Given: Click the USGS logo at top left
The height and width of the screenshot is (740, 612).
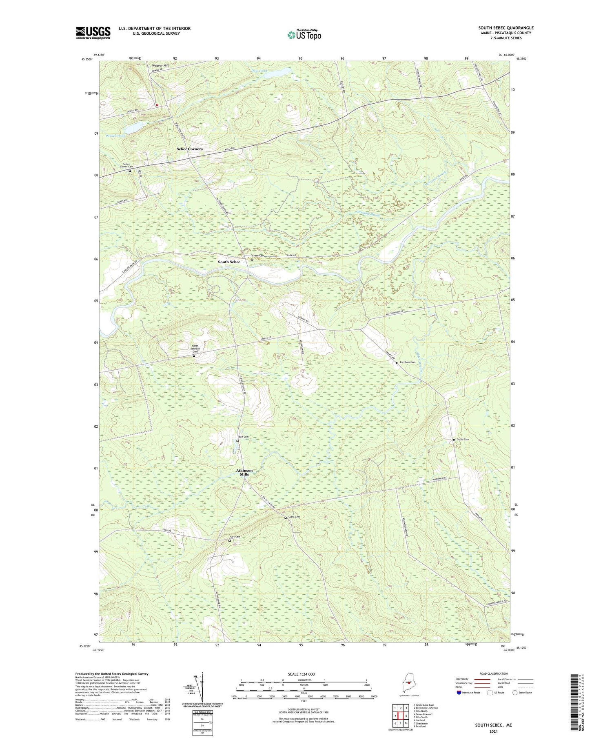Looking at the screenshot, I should click(x=93, y=33).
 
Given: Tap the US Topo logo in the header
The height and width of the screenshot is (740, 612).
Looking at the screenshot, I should click(x=304, y=35).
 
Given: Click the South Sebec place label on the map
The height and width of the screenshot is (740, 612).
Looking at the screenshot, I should click(x=229, y=262).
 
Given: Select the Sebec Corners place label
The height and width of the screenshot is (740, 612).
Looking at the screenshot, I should click(x=189, y=149).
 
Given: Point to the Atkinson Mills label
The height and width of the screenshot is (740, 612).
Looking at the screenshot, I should click(x=244, y=472).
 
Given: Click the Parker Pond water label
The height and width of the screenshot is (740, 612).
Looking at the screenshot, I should click(x=115, y=136).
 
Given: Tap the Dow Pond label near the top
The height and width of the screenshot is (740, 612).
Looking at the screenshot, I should click(x=259, y=71).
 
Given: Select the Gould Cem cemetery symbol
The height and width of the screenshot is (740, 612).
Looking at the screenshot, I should click(x=454, y=440).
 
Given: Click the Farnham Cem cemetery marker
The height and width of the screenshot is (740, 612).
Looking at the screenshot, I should click(x=397, y=362).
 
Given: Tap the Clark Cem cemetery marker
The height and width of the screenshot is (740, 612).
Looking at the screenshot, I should click(x=285, y=518).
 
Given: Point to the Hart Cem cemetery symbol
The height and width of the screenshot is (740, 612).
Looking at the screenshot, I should click(x=229, y=540).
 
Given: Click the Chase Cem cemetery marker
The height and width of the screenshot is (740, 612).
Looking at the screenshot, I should click(x=252, y=259).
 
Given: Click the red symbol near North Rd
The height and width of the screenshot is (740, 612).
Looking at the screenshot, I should click(x=157, y=104).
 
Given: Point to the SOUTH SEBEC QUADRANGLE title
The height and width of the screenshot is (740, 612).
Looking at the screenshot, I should click(x=506, y=28).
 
